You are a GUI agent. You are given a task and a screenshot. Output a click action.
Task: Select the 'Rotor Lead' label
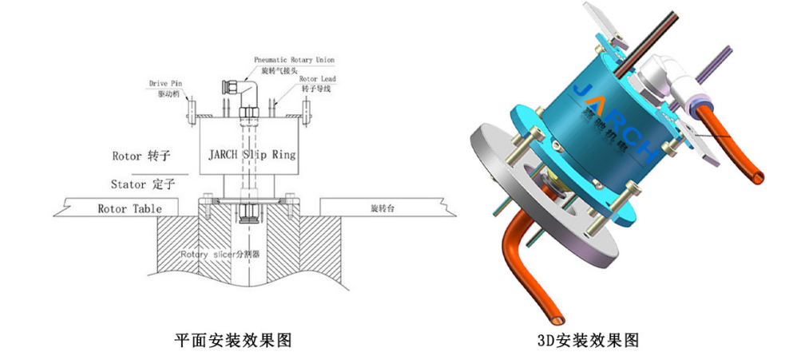317,79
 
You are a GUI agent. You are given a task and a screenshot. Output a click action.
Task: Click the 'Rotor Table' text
130,208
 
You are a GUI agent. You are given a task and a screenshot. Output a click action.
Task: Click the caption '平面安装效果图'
233,340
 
